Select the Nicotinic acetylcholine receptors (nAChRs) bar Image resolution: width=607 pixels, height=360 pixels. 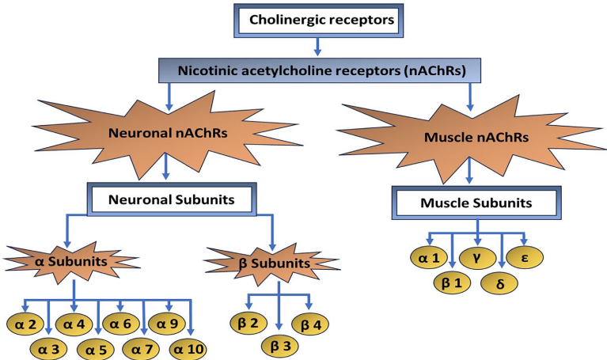[x=317, y=70]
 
